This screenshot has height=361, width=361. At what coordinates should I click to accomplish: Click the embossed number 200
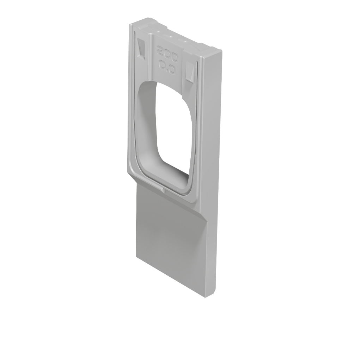[167, 54]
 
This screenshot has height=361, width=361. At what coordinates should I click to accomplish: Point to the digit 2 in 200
[160, 50]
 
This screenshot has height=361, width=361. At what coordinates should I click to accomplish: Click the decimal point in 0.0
[167, 69]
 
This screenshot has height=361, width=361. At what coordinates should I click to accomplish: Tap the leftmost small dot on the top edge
[158, 31]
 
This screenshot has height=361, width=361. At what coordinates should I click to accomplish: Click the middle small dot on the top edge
[171, 36]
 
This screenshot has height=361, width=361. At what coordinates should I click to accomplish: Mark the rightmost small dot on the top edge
[185, 42]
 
